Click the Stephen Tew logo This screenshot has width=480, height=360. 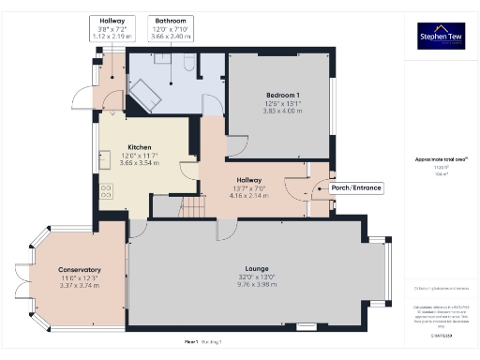(437, 38)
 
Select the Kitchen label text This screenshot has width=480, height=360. (140, 148)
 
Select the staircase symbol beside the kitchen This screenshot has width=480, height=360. (193, 205)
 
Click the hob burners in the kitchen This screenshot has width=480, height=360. (106, 192)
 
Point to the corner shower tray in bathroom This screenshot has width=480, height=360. (145, 93)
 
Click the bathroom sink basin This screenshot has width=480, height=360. (161, 59)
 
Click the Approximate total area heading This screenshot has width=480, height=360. (436, 159)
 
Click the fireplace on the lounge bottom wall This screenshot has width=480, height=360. (305, 327)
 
